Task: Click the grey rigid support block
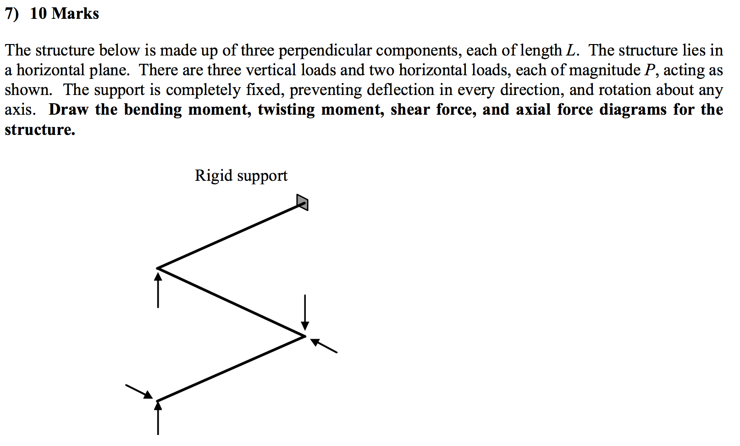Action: coord(302,202)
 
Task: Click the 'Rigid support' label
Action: coord(241,176)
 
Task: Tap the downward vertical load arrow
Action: coord(305,312)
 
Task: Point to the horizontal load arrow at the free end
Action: coord(138,391)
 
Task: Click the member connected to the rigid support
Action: coord(229,236)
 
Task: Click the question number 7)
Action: coord(12,13)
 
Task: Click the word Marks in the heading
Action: coord(75,13)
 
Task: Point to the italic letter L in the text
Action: coord(571,50)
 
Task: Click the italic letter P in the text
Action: coord(650,70)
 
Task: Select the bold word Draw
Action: coord(69,110)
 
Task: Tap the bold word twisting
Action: coord(286,110)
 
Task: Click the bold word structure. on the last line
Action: coord(40,130)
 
